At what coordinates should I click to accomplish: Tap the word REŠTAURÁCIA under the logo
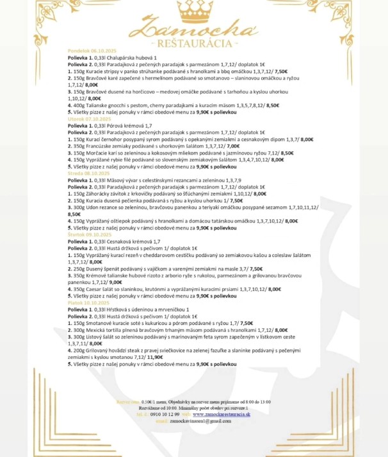click(x=194, y=43)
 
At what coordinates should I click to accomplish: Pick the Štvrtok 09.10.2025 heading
click(x=87, y=235)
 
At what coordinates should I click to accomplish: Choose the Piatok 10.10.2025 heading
click(x=86, y=302)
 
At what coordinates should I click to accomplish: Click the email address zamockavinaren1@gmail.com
click(x=199, y=420)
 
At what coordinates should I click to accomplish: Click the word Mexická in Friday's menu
click(x=98, y=329)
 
